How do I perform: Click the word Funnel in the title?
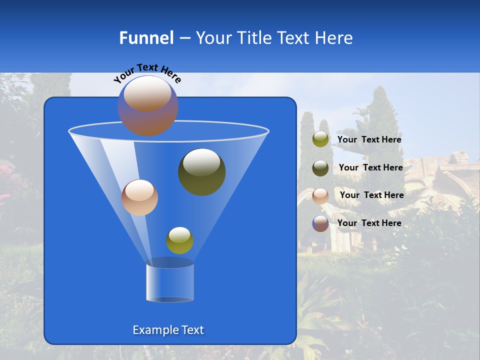pos(146,38)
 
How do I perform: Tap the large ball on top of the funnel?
pos(147,105)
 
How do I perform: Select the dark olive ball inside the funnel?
pos(201,171)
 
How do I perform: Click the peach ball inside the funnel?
pos(139,197)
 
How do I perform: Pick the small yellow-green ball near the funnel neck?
pos(179,240)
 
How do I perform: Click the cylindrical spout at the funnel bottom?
pos(169,282)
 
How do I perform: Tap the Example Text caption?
pos(168,330)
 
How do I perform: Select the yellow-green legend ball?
pos(320,139)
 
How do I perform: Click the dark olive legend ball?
pos(320,167)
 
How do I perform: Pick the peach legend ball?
pos(320,195)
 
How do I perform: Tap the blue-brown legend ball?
pos(320,223)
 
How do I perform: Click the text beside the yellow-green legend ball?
pos(369,140)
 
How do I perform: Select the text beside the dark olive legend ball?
pos(370,168)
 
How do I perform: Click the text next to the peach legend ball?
pos(371,195)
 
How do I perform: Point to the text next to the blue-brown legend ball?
pos(369,223)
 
